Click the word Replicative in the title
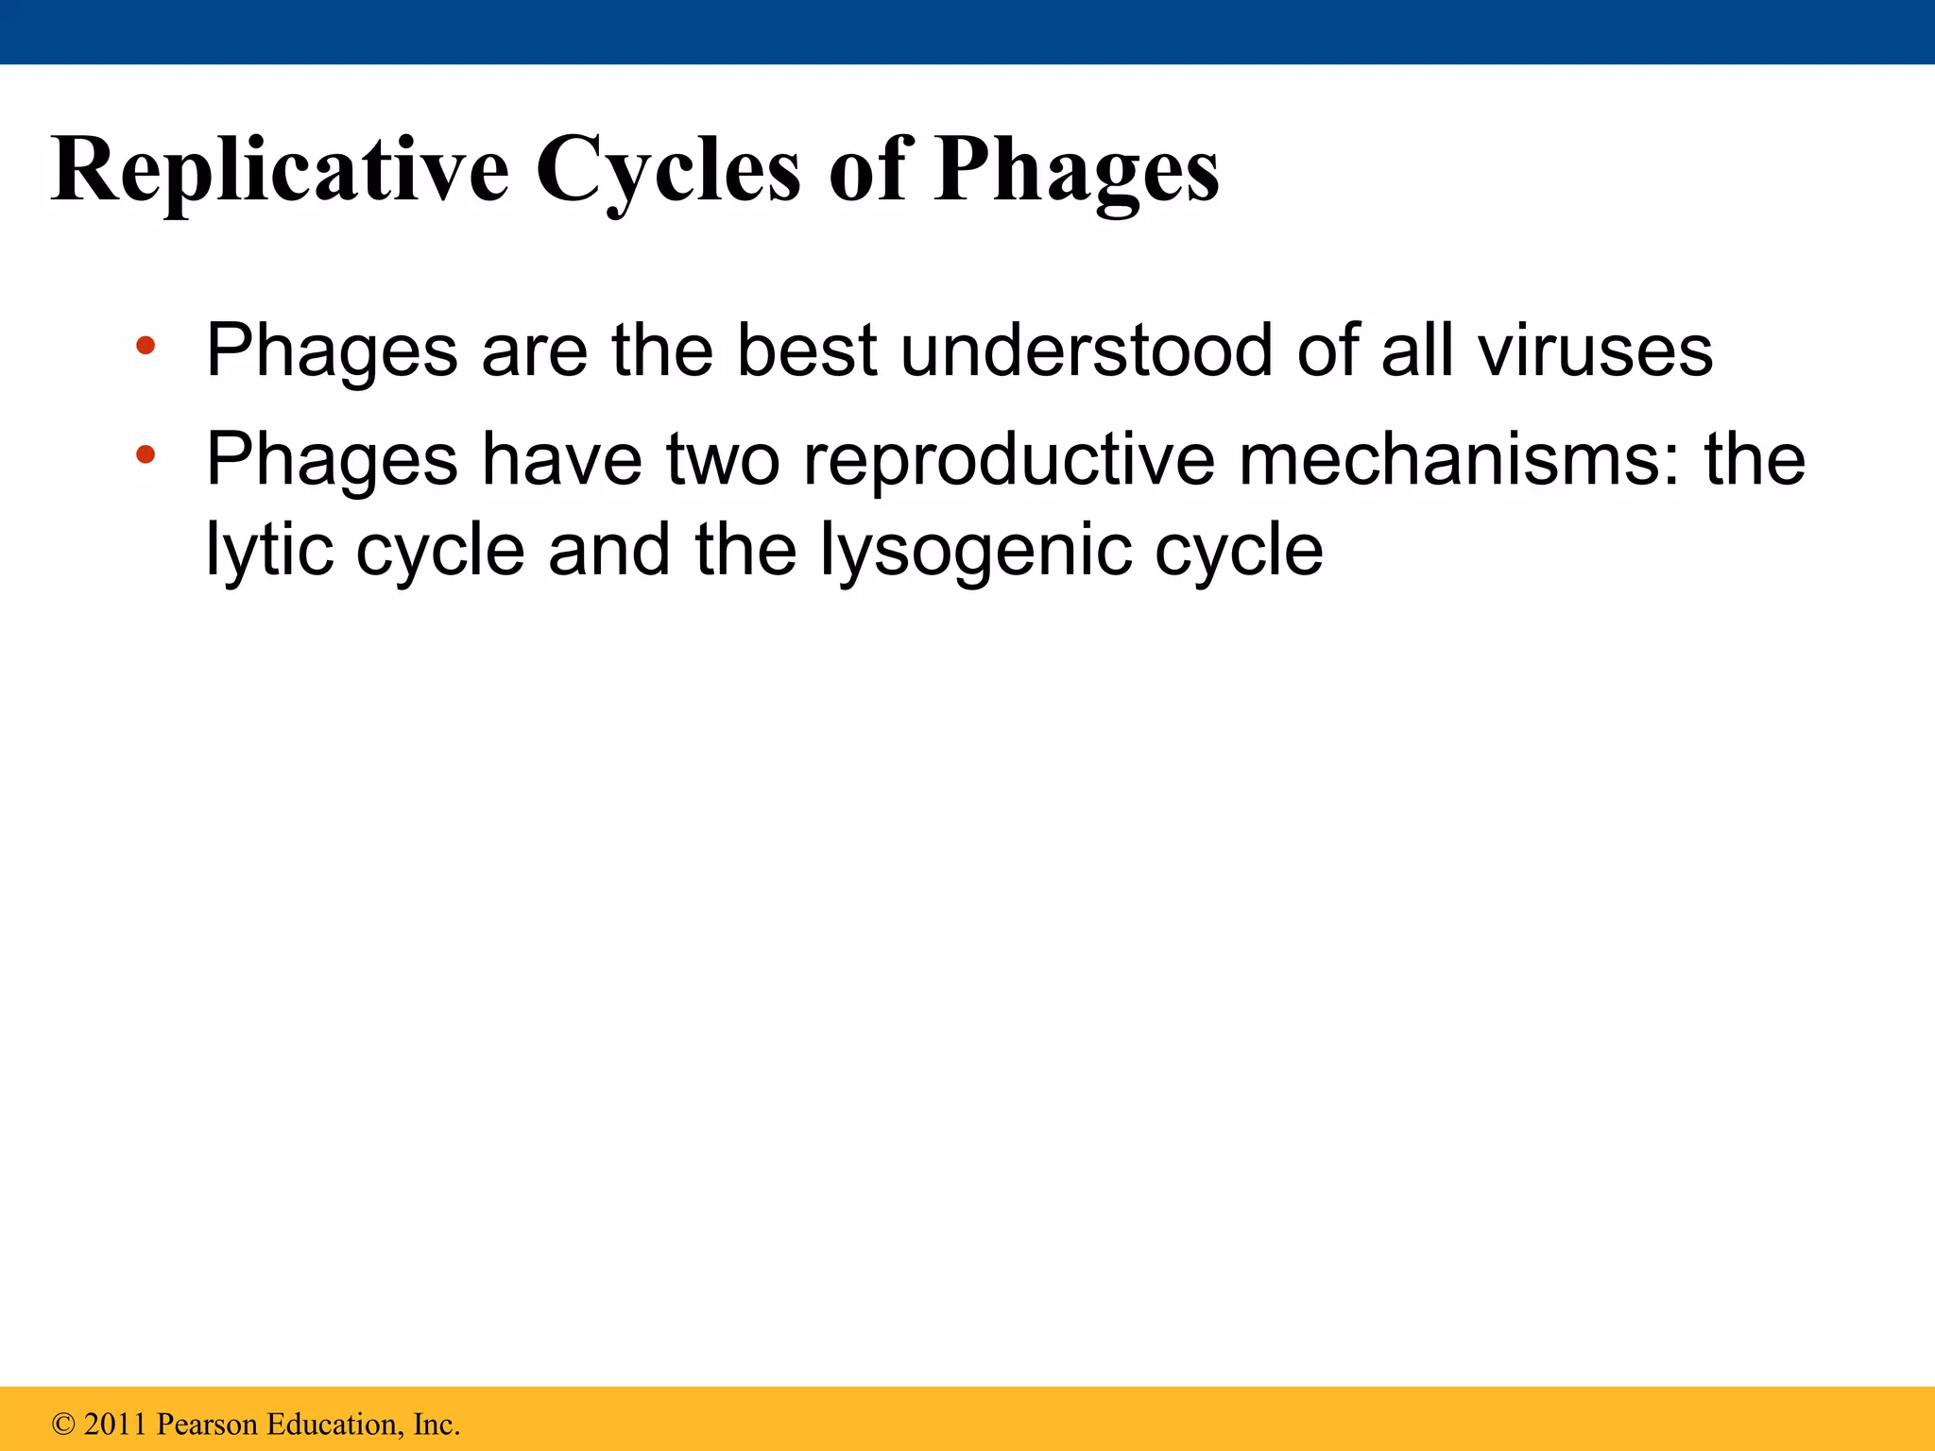[x=281, y=170]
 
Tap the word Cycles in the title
[x=669, y=170]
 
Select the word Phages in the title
[x=1076, y=170]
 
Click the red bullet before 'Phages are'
[x=145, y=346]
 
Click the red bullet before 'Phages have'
[x=145, y=455]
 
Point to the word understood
[x=1086, y=350]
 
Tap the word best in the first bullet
[x=807, y=350]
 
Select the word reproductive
[x=1008, y=459]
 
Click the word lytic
[x=269, y=550]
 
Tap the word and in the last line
[x=609, y=550]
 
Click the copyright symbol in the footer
[x=63, y=1425]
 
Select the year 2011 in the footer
[x=116, y=1425]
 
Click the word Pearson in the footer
[x=207, y=1425]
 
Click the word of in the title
[x=866, y=170]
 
